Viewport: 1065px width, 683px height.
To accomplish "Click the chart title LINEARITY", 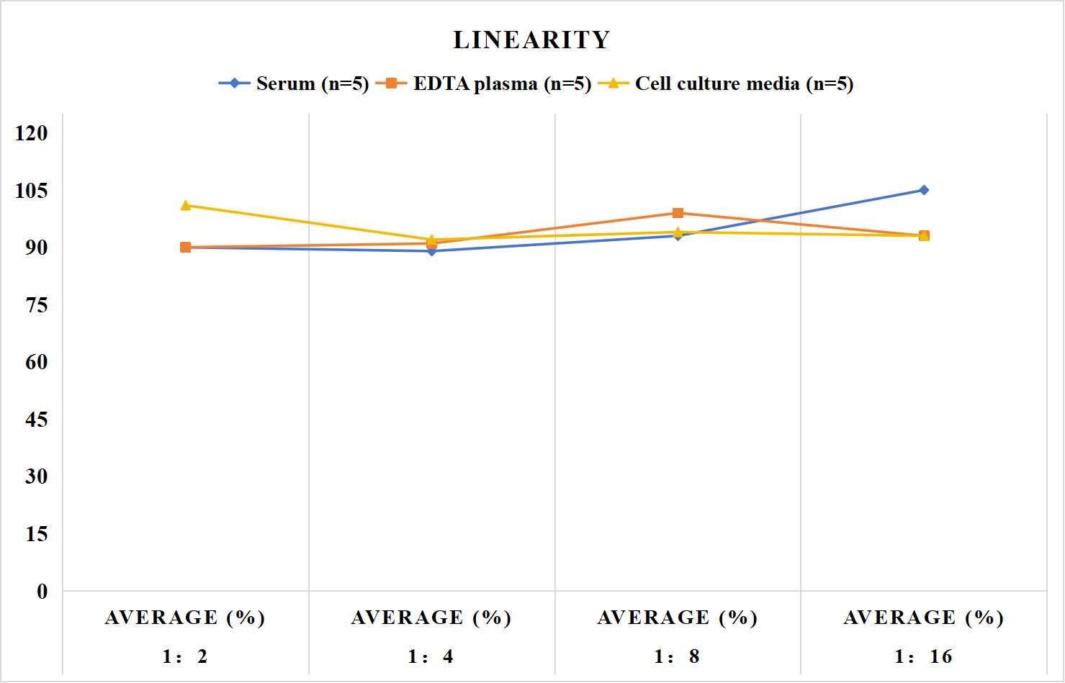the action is coord(531,40).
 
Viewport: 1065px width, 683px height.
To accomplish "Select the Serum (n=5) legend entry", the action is coord(293,83).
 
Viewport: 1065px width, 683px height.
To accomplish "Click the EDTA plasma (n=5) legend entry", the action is coord(483,83).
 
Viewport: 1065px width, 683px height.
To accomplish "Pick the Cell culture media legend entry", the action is coord(725,83).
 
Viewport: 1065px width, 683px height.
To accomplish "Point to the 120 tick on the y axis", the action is coord(32,133).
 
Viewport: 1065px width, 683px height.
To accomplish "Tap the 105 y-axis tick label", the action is coord(32,191).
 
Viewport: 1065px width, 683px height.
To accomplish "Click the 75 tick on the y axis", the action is coord(37,305).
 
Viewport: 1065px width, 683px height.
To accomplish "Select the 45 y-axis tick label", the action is coord(37,420).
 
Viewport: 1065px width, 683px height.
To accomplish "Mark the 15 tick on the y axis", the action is coord(37,534).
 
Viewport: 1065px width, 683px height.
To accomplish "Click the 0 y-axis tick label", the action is coord(42,592).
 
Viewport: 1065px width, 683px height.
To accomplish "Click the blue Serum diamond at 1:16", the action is coord(924,190).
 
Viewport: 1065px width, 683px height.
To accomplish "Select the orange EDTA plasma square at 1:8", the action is coord(678,213).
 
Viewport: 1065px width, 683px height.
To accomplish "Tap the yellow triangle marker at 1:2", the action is coord(186,205).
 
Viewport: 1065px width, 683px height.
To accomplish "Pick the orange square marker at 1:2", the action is coord(186,247).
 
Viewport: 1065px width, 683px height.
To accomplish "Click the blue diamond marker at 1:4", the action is coord(432,251).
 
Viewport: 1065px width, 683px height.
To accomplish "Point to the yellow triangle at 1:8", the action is coord(678,232).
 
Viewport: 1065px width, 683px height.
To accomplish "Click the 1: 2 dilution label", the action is coord(185,656).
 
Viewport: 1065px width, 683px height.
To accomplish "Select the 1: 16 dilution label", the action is coord(923,656).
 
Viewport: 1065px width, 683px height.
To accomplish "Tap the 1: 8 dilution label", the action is coord(677,656).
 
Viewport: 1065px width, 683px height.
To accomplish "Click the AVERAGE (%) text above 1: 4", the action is coord(431,618).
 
